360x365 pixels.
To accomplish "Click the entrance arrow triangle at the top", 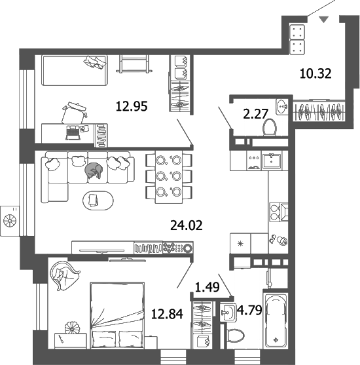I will [322, 20].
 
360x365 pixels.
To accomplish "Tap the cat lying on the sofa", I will [92, 170].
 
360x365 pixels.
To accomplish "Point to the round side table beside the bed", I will [73, 328].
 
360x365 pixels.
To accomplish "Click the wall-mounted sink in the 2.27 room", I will [282, 105].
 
